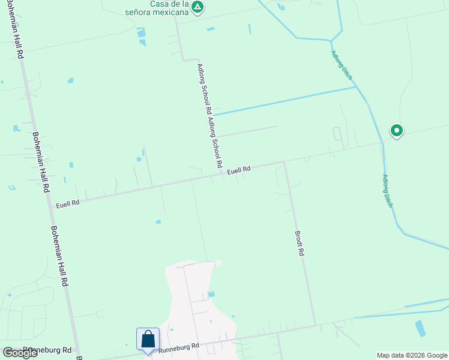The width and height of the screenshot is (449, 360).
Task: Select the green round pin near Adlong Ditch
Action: [396, 130]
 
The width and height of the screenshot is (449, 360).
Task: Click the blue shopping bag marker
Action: [148, 340]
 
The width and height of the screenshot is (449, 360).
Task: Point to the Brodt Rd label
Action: [299, 244]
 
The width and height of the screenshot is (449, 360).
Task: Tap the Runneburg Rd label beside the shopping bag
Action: [179, 347]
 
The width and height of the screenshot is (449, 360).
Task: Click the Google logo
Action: [20, 352]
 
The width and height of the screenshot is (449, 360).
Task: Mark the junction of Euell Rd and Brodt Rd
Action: [284, 161]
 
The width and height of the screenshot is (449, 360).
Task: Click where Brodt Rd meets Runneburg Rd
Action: [315, 326]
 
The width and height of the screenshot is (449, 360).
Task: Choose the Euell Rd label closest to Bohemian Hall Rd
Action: [68, 204]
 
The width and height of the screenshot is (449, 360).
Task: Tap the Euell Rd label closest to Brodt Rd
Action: [238, 171]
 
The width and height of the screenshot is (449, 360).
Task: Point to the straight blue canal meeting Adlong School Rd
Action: [282, 101]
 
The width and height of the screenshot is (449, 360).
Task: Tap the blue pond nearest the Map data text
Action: [420, 328]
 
